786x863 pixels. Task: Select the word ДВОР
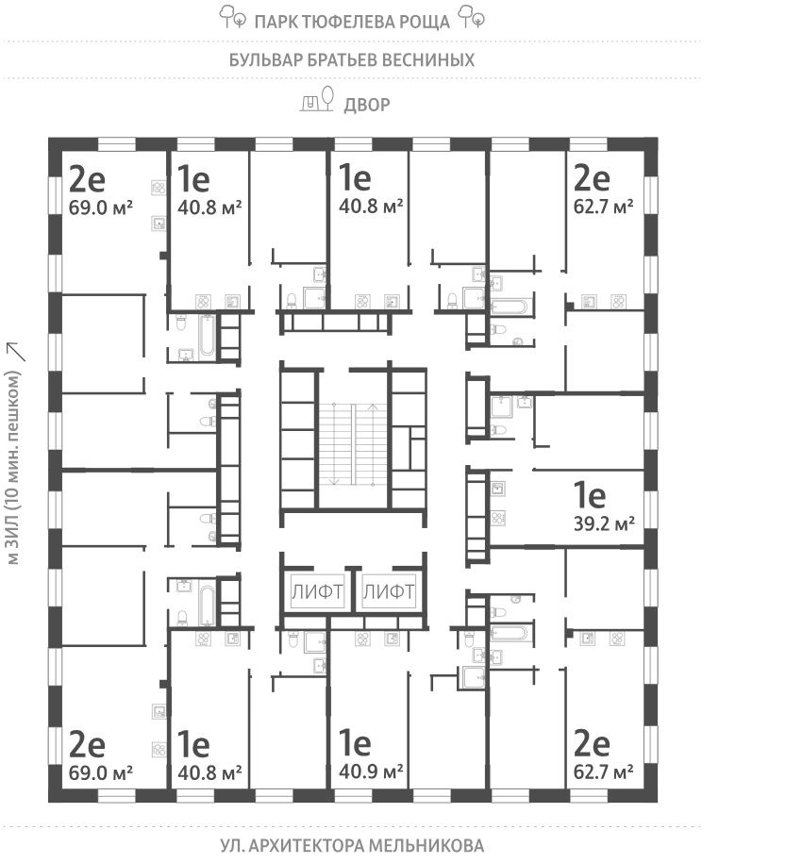coord(367,104)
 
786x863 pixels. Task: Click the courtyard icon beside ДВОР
coord(318,100)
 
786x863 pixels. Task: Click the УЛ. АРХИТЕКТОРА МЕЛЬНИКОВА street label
coord(352,845)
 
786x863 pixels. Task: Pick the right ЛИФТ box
coord(389,593)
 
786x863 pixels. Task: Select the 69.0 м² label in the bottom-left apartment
coord(100,773)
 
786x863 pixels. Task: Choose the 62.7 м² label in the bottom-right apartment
coord(604,773)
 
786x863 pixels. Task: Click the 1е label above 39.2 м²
coord(591,494)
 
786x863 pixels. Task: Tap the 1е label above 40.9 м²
coord(356,745)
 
